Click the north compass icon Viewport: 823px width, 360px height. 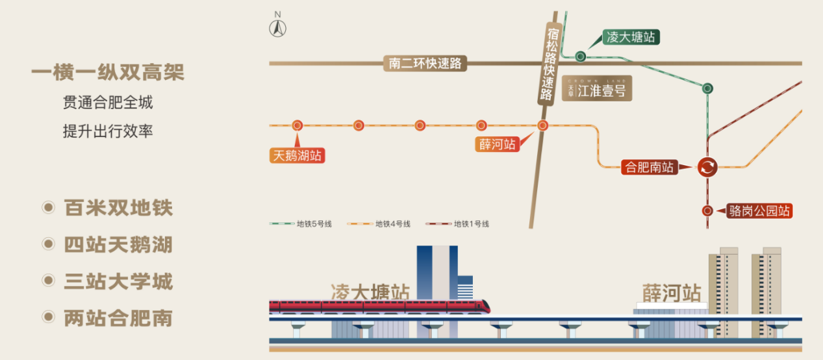(278, 27)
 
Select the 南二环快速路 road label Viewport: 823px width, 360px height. (425, 63)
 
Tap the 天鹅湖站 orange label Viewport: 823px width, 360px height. (298, 156)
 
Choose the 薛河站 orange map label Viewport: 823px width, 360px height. (498, 144)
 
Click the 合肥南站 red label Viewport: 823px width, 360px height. (649, 167)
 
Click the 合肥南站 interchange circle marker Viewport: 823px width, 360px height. (707, 167)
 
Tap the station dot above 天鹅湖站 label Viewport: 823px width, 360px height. (298, 125)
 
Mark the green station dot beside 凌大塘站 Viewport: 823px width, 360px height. (580, 57)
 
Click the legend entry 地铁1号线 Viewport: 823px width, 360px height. (457, 224)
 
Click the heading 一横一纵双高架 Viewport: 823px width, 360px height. (108, 73)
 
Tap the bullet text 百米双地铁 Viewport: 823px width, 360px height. (118, 209)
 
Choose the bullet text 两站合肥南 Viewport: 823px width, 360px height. (118, 318)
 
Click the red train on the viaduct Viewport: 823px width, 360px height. (379, 305)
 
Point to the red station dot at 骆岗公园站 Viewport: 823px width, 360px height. (707, 211)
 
